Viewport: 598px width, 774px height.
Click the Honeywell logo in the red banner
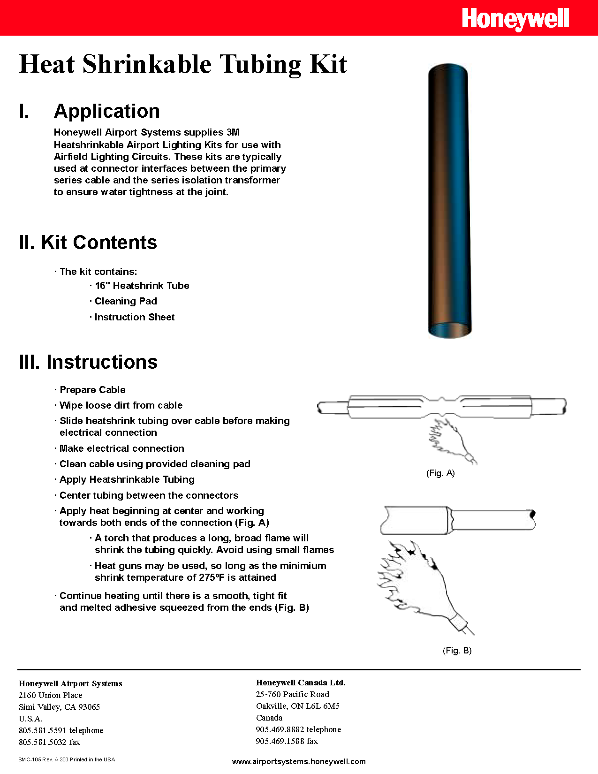point(515,19)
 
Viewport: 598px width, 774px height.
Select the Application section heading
point(106,112)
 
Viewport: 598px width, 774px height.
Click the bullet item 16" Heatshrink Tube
point(141,286)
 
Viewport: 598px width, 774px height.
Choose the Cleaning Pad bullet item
point(125,301)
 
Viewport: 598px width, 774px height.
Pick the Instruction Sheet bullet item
point(134,317)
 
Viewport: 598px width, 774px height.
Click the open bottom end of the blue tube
point(449,329)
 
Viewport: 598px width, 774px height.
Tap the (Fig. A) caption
point(440,473)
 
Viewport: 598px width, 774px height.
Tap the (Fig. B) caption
point(457,651)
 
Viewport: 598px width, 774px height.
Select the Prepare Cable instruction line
point(92,390)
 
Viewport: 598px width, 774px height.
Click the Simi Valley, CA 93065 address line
point(59,707)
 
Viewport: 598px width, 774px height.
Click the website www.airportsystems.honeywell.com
point(299,762)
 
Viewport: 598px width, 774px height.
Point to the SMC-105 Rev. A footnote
point(66,759)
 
